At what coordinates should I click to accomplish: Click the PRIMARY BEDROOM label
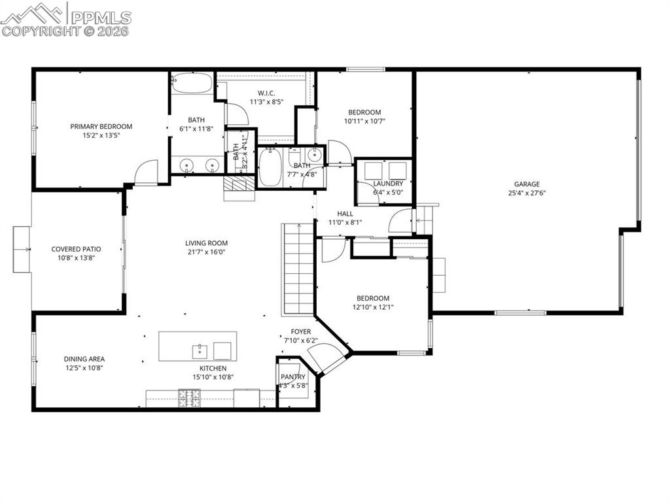click(101, 126)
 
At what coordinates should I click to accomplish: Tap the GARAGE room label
click(526, 184)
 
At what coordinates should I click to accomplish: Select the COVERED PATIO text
click(76, 249)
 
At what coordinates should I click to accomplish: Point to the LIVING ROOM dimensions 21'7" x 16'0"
click(206, 252)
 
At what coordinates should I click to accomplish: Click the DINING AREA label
click(84, 359)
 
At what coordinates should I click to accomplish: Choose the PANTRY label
click(293, 377)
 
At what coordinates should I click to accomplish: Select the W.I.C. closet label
click(266, 93)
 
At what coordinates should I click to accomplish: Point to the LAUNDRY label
click(388, 184)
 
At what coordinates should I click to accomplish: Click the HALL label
click(345, 214)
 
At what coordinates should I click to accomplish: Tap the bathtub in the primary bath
click(192, 84)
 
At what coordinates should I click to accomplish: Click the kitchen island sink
click(200, 351)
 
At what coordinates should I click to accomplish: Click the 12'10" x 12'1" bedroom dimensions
click(372, 307)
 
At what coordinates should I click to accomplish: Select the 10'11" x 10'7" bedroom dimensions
click(364, 121)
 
